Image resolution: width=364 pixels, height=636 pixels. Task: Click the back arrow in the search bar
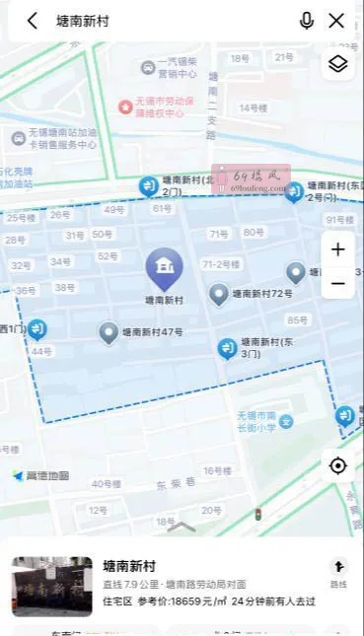(x=33, y=21)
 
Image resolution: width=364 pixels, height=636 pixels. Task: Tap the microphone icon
(x=307, y=21)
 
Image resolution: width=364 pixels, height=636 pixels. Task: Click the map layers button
(x=337, y=64)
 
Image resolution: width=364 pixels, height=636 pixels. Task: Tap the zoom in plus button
(x=337, y=249)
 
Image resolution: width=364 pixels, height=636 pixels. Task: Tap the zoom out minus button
(x=337, y=283)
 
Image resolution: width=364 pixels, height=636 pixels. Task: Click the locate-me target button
(x=337, y=465)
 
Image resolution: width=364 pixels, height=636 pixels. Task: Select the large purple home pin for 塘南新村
(x=164, y=267)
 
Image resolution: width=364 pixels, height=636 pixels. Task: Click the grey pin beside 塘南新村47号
(x=109, y=333)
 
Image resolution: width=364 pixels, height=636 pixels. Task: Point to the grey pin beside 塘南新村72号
(x=219, y=294)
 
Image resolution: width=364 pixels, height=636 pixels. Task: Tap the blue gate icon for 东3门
(x=227, y=348)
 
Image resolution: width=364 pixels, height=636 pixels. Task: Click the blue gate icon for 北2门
(x=148, y=185)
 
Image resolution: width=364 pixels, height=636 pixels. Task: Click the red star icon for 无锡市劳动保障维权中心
(x=125, y=106)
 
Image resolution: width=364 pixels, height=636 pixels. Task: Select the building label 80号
(x=254, y=233)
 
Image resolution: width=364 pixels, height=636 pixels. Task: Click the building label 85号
(x=297, y=319)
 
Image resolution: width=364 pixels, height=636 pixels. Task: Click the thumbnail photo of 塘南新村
(x=51, y=586)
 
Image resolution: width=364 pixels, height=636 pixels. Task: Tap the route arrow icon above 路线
(x=338, y=566)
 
